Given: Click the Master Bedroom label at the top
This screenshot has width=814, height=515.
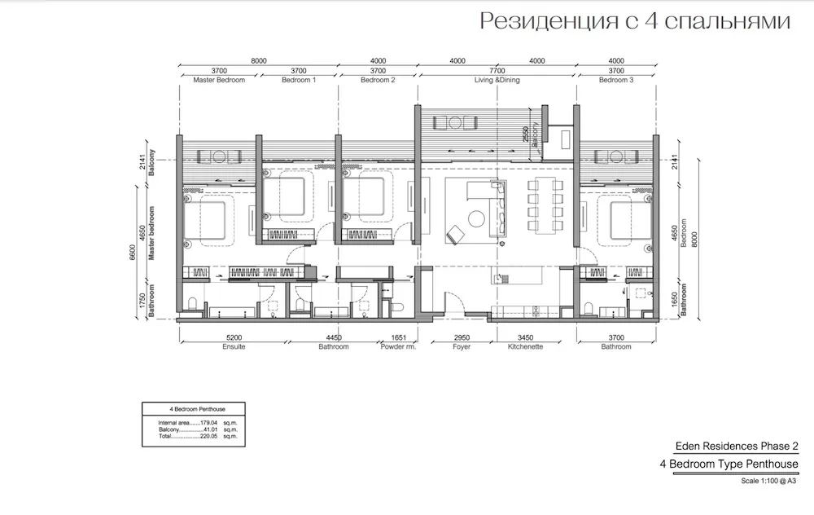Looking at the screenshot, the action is (219, 80).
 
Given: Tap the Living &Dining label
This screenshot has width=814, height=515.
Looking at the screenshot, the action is (497, 80).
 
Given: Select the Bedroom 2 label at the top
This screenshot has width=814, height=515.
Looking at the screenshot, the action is (378, 80).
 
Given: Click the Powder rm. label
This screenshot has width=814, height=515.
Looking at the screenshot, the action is (398, 346).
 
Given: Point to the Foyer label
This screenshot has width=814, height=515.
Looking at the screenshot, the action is (462, 346).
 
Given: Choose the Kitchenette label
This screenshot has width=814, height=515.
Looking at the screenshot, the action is (525, 346).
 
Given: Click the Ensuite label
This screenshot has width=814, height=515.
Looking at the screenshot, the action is (234, 346).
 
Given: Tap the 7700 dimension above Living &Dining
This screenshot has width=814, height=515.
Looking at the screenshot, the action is (497, 71).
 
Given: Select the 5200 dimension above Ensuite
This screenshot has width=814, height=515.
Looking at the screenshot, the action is (234, 338).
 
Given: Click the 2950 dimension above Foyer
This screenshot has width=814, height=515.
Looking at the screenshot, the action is (462, 338).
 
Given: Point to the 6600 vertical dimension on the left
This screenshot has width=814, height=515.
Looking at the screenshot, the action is (133, 253).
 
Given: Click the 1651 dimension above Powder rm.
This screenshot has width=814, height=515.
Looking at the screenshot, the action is (398, 338).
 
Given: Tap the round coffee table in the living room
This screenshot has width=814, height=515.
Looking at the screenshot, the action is (476, 218).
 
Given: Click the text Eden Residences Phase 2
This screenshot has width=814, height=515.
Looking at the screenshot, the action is (737, 446).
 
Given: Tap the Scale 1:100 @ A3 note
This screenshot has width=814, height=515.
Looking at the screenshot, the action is (768, 481).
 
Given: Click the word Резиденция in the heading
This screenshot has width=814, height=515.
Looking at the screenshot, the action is (549, 22).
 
